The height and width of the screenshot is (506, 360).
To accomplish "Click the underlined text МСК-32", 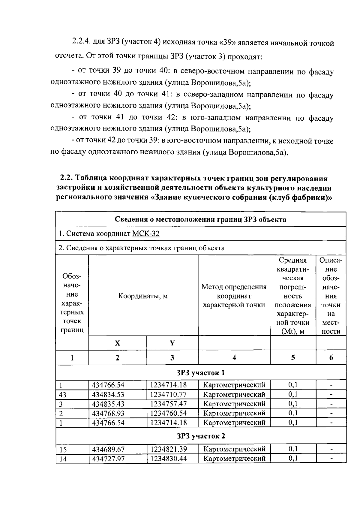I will pyautogui.click(x=145, y=233).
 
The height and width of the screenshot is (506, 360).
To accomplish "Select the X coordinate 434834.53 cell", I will pyautogui.click(x=108, y=394).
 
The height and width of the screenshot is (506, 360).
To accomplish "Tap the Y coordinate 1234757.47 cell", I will pyautogui.click(x=168, y=404).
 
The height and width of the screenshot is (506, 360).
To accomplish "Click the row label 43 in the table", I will pyautogui.click(x=62, y=395).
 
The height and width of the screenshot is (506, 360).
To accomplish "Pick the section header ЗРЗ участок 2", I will pyautogui.click(x=201, y=436).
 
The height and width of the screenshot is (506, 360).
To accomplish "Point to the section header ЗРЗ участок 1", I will pyautogui.click(x=201, y=373).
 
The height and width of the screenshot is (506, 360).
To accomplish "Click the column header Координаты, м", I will pyautogui.click(x=143, y=296).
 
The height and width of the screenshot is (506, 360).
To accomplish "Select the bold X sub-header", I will pyautogui.click(x=117, y=343).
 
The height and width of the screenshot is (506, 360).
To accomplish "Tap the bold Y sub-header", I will pyautogui.click(x=172, y=343).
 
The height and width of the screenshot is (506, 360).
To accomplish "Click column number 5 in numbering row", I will pyautogui.click(x=293, y=357).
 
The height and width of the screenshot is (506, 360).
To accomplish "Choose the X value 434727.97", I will pyautogui.click(x=108, y=459).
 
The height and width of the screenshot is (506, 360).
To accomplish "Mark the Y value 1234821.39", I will pyautogui.click(x=168, y=449).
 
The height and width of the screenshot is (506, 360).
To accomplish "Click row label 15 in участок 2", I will pyautogui.click(x=63, y=450).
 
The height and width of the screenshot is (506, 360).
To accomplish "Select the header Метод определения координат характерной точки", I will pyautogui.click(x=234, y=296).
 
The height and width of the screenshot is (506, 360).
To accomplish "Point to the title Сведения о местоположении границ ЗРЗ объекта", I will pyautogui.click(x=200, y=219).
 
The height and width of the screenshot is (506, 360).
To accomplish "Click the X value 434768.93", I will pyautogui.click(x=108, y=413).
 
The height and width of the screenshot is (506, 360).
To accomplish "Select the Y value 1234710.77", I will pyautogui.click(x=168, y=394).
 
